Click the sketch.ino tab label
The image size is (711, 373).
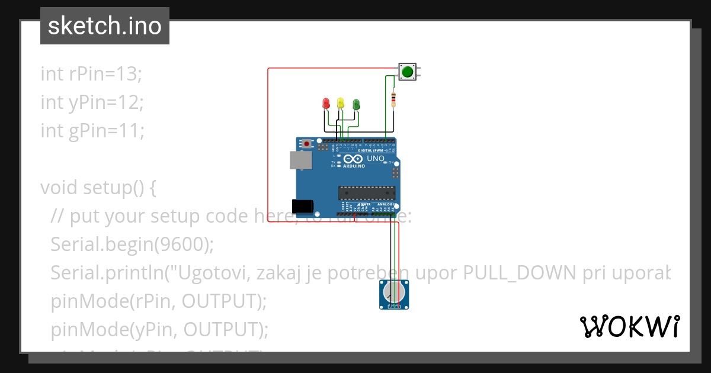(104, 26)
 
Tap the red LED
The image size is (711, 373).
(325, 104)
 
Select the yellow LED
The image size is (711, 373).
(340, 104)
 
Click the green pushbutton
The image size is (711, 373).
(407, 72)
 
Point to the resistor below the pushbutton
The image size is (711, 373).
(393, 99)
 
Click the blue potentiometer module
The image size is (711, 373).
(393, 294)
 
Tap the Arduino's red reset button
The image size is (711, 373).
(306, 144)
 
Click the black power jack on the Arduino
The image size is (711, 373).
(302, 205)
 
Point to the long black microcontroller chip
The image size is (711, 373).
(366, 193)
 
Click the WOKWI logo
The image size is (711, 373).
(629, 326)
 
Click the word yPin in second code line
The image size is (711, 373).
(84, 102)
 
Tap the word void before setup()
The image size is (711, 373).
(59, 188)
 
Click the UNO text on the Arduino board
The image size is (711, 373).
(376, 159)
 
